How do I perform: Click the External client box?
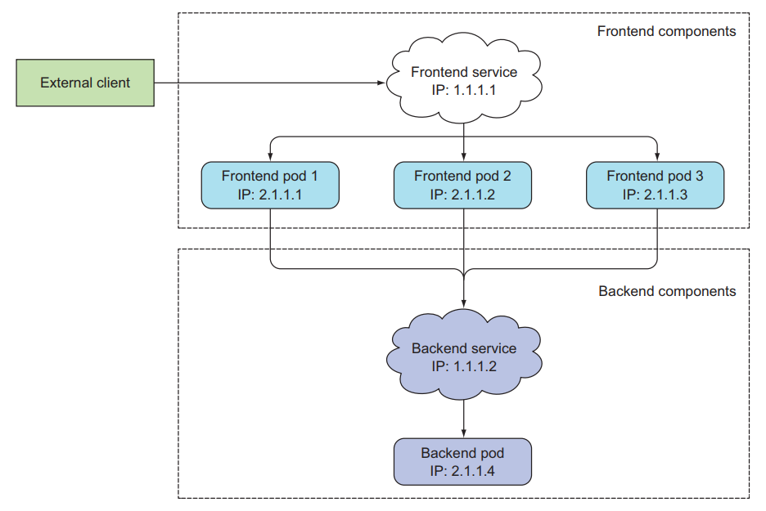(x=85, y=83)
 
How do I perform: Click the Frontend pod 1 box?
(x=270, y=185)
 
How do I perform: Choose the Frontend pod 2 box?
(x=463, y=185)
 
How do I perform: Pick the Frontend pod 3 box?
(x=655, y=185)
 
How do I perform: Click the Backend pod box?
(x=463, y=462)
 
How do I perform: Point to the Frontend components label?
(x=666, y=32)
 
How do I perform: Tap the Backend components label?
(x=667, y=291)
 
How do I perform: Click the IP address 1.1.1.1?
(x=475, y=90)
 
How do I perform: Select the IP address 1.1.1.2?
(x=475, y=365)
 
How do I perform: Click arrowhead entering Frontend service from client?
(x=381, y=83)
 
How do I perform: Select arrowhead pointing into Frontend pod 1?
(x=270, y=158)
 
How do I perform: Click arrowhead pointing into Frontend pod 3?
(x=656, y=158)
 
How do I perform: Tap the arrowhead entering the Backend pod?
(x=464, y=435)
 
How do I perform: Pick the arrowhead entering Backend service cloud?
(x=464, y=303)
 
